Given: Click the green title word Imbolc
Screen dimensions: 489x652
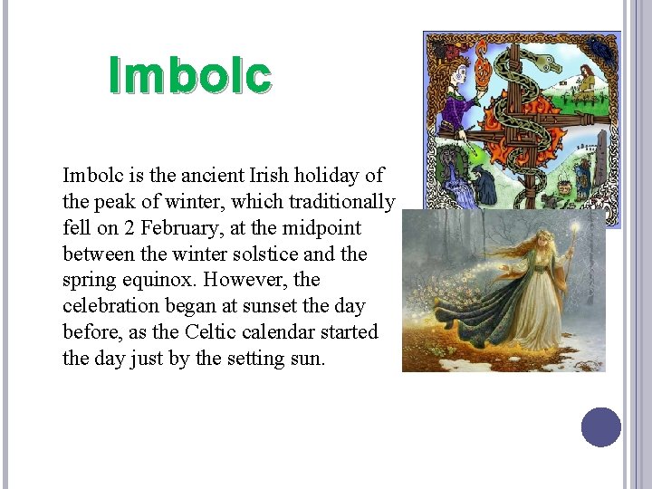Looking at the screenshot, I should click(189, 76).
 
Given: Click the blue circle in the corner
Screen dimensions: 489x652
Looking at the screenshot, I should click(601, 427).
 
